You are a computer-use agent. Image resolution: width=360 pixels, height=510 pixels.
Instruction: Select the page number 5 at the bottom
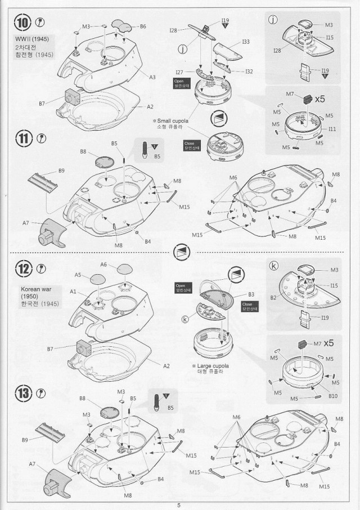click(x=179, y=505)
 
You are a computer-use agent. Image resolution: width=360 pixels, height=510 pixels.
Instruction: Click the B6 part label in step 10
click(x=143, y=26)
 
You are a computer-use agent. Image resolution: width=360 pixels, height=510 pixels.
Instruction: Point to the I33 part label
click(x=246, y=42)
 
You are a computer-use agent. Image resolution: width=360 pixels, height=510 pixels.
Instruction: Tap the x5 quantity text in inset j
click(x=319, y=99)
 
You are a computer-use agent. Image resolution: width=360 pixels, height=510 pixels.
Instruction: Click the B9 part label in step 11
click(x=61, y=171)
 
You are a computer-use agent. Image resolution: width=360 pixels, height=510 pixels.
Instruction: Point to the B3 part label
click(x=251, y=294)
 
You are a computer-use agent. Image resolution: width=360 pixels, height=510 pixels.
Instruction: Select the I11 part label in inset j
click(x=332, y=129)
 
